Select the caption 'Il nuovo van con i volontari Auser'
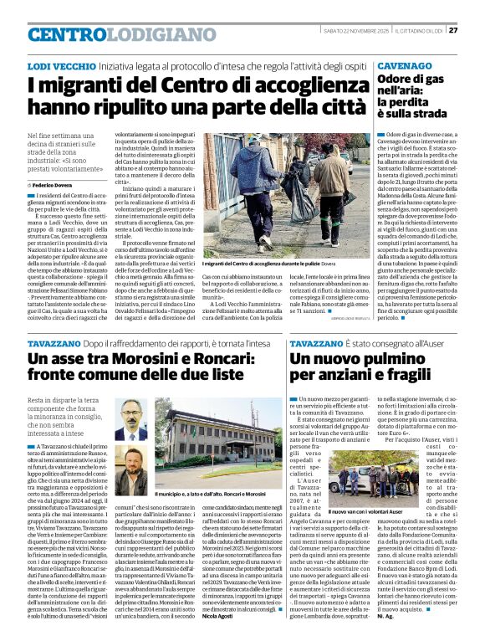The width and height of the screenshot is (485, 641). [366, 510]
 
